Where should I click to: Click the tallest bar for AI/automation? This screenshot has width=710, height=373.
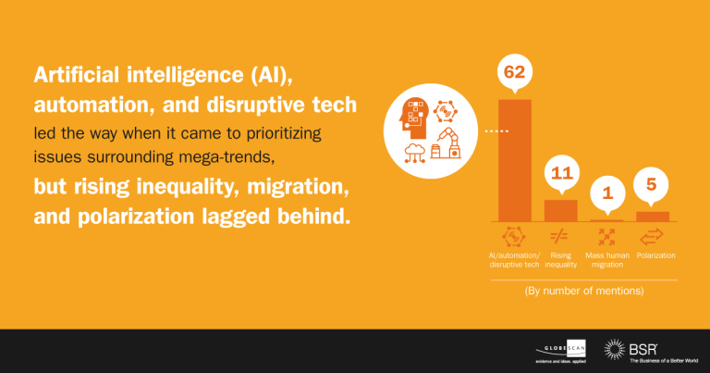tap(515, 160)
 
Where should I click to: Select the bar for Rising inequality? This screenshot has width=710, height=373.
tap(560, 211)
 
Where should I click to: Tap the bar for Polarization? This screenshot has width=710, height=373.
tap(653, 217)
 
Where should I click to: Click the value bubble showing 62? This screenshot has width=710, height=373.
tap(514, 72)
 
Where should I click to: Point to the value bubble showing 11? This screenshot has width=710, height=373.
tap(562, 174)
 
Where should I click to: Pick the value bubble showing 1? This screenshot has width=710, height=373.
tap(607, 194)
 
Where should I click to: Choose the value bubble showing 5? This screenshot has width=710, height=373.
tap(651, 185)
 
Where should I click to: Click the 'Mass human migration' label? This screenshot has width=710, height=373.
tap(607, 260)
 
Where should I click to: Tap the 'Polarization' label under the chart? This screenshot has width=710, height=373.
tap(656, 255)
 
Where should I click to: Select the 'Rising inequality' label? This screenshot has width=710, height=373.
tap(560, 260)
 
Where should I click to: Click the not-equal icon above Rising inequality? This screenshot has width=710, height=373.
tap(558, 236)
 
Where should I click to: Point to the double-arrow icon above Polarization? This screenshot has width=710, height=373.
tap(652, 237)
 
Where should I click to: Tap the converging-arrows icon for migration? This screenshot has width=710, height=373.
tap(606, 237)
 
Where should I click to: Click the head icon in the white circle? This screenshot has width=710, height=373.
tap(413, 118)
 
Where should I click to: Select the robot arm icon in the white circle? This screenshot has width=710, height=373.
tap(446, 143)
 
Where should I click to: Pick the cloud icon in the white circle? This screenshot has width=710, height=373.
tap(415, 153)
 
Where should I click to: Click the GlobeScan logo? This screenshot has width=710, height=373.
tap(560, 351)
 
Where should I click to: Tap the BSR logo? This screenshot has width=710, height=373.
tap(651, 351)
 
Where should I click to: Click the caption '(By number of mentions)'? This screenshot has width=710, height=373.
tap(584, 291)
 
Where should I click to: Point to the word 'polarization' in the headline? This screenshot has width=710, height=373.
tap(135, 217)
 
